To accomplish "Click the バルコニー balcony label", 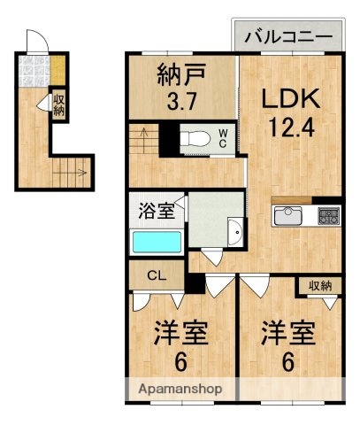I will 287,37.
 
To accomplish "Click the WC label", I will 223,138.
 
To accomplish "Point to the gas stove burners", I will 328,215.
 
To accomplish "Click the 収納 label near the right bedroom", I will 321,285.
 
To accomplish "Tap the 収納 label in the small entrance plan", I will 59,105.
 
